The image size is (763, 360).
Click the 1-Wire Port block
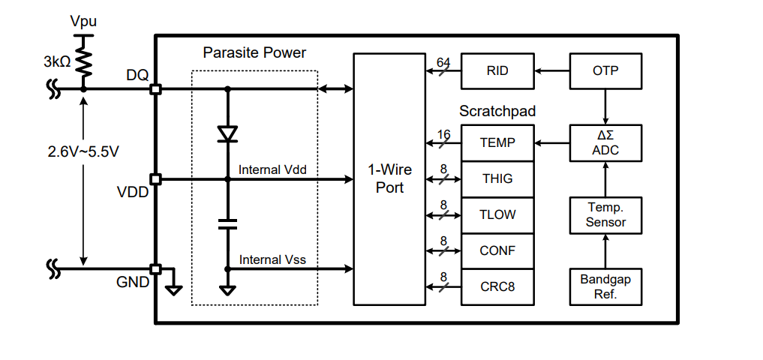pyautogui.click(x=389, y=179)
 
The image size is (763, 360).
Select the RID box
pyautogui.click(x=497, y=71)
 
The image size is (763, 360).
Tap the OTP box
pyautogui.click(x=605, y=71)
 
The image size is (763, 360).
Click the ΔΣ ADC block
pyautogui.click(x=605, y=142)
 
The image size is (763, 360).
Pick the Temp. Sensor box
pyautogui.click(x=605, y=214)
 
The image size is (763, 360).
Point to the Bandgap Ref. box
pyautogui.click(x=605, y=286)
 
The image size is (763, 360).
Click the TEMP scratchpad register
pyautogui.click(x=497, y=142)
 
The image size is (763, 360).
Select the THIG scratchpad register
pyautogui.click(x=497, y=178)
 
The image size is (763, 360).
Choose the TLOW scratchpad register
pyautogui.click(x=497, y=214)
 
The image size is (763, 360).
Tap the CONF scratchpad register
pyautogui.click(x=497, y=250)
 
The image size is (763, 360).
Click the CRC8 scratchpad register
pyautogui.click(x=497, y=286)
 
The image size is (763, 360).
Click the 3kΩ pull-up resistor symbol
pyautogui.click(x=83, y=63)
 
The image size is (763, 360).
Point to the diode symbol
pyautogui.click(x=227, y=133)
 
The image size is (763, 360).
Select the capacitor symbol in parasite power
pyautogui.click(x=227, y=223)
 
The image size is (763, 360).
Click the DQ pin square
pyautogui.click(x=155, y=89)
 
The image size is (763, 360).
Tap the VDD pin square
pyautogui.click(x=155, y=179)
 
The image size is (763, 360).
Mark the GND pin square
pyautogui.click(x=155, y=268)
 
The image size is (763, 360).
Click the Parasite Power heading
pyautogui.click(x=254, y=53)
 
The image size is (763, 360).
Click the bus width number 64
pyautogui.click(x=443, y=61)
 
